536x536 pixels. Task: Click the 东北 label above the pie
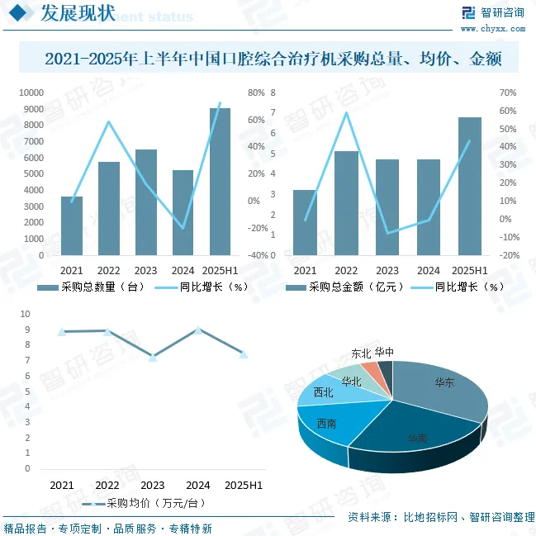[361, 353]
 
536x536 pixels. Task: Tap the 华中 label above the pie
[384, 352]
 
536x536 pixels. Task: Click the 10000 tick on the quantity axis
[33, 93]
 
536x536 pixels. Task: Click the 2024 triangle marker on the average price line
[198, 330]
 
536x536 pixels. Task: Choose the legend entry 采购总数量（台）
[92, 287]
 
